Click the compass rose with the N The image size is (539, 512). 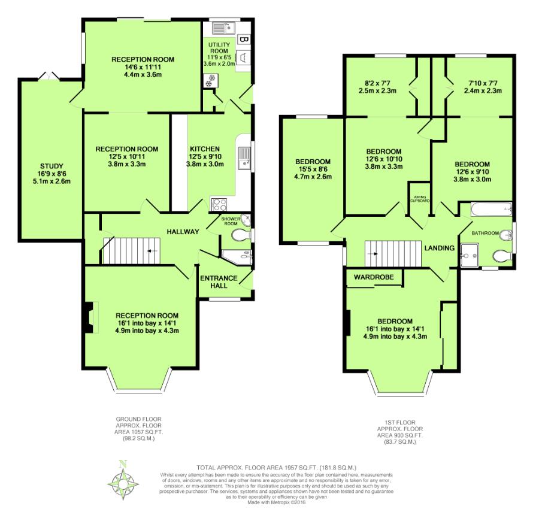pyautogui.click(x=123, y=481)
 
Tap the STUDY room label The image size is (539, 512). pyautogui.click(x=52, y=166)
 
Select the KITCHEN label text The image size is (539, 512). pyautogui.click(x=205, y=149)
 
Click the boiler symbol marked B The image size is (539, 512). pyautogui.click(x=243, y=40)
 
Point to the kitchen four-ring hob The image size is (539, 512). pyautogui.click(x=219, y=205)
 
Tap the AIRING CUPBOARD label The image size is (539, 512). pyautogui.click(x=420, y=199)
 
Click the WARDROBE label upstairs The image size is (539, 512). pyautogui.click(x=374, y=277)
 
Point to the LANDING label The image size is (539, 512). pyautogui.click(x=440, y=248)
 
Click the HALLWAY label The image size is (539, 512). pyautogui.click(x=183, y=232)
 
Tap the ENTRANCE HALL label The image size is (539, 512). pyautogui.click(x=219, y=282)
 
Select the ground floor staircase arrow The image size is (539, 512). pyautogui.click(x=150, y=251)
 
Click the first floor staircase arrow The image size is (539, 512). pyautogui.click(x=374, y=254)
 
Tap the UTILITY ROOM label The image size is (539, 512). pyautogui.click(x=219, y=48)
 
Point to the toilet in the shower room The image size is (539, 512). pyautogui.click(x=241, y=235)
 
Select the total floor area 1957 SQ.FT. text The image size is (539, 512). pyautogui.click(x=276, y=467)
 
